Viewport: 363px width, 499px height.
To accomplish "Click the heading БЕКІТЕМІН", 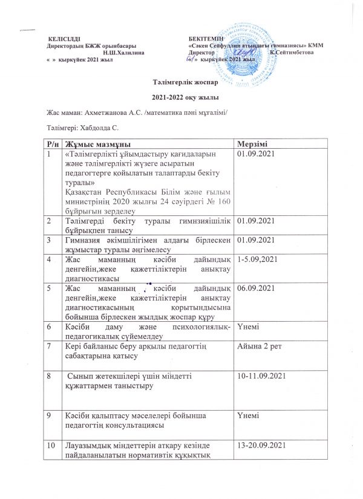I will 206,39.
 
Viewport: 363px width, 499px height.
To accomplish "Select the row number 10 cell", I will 52,446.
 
